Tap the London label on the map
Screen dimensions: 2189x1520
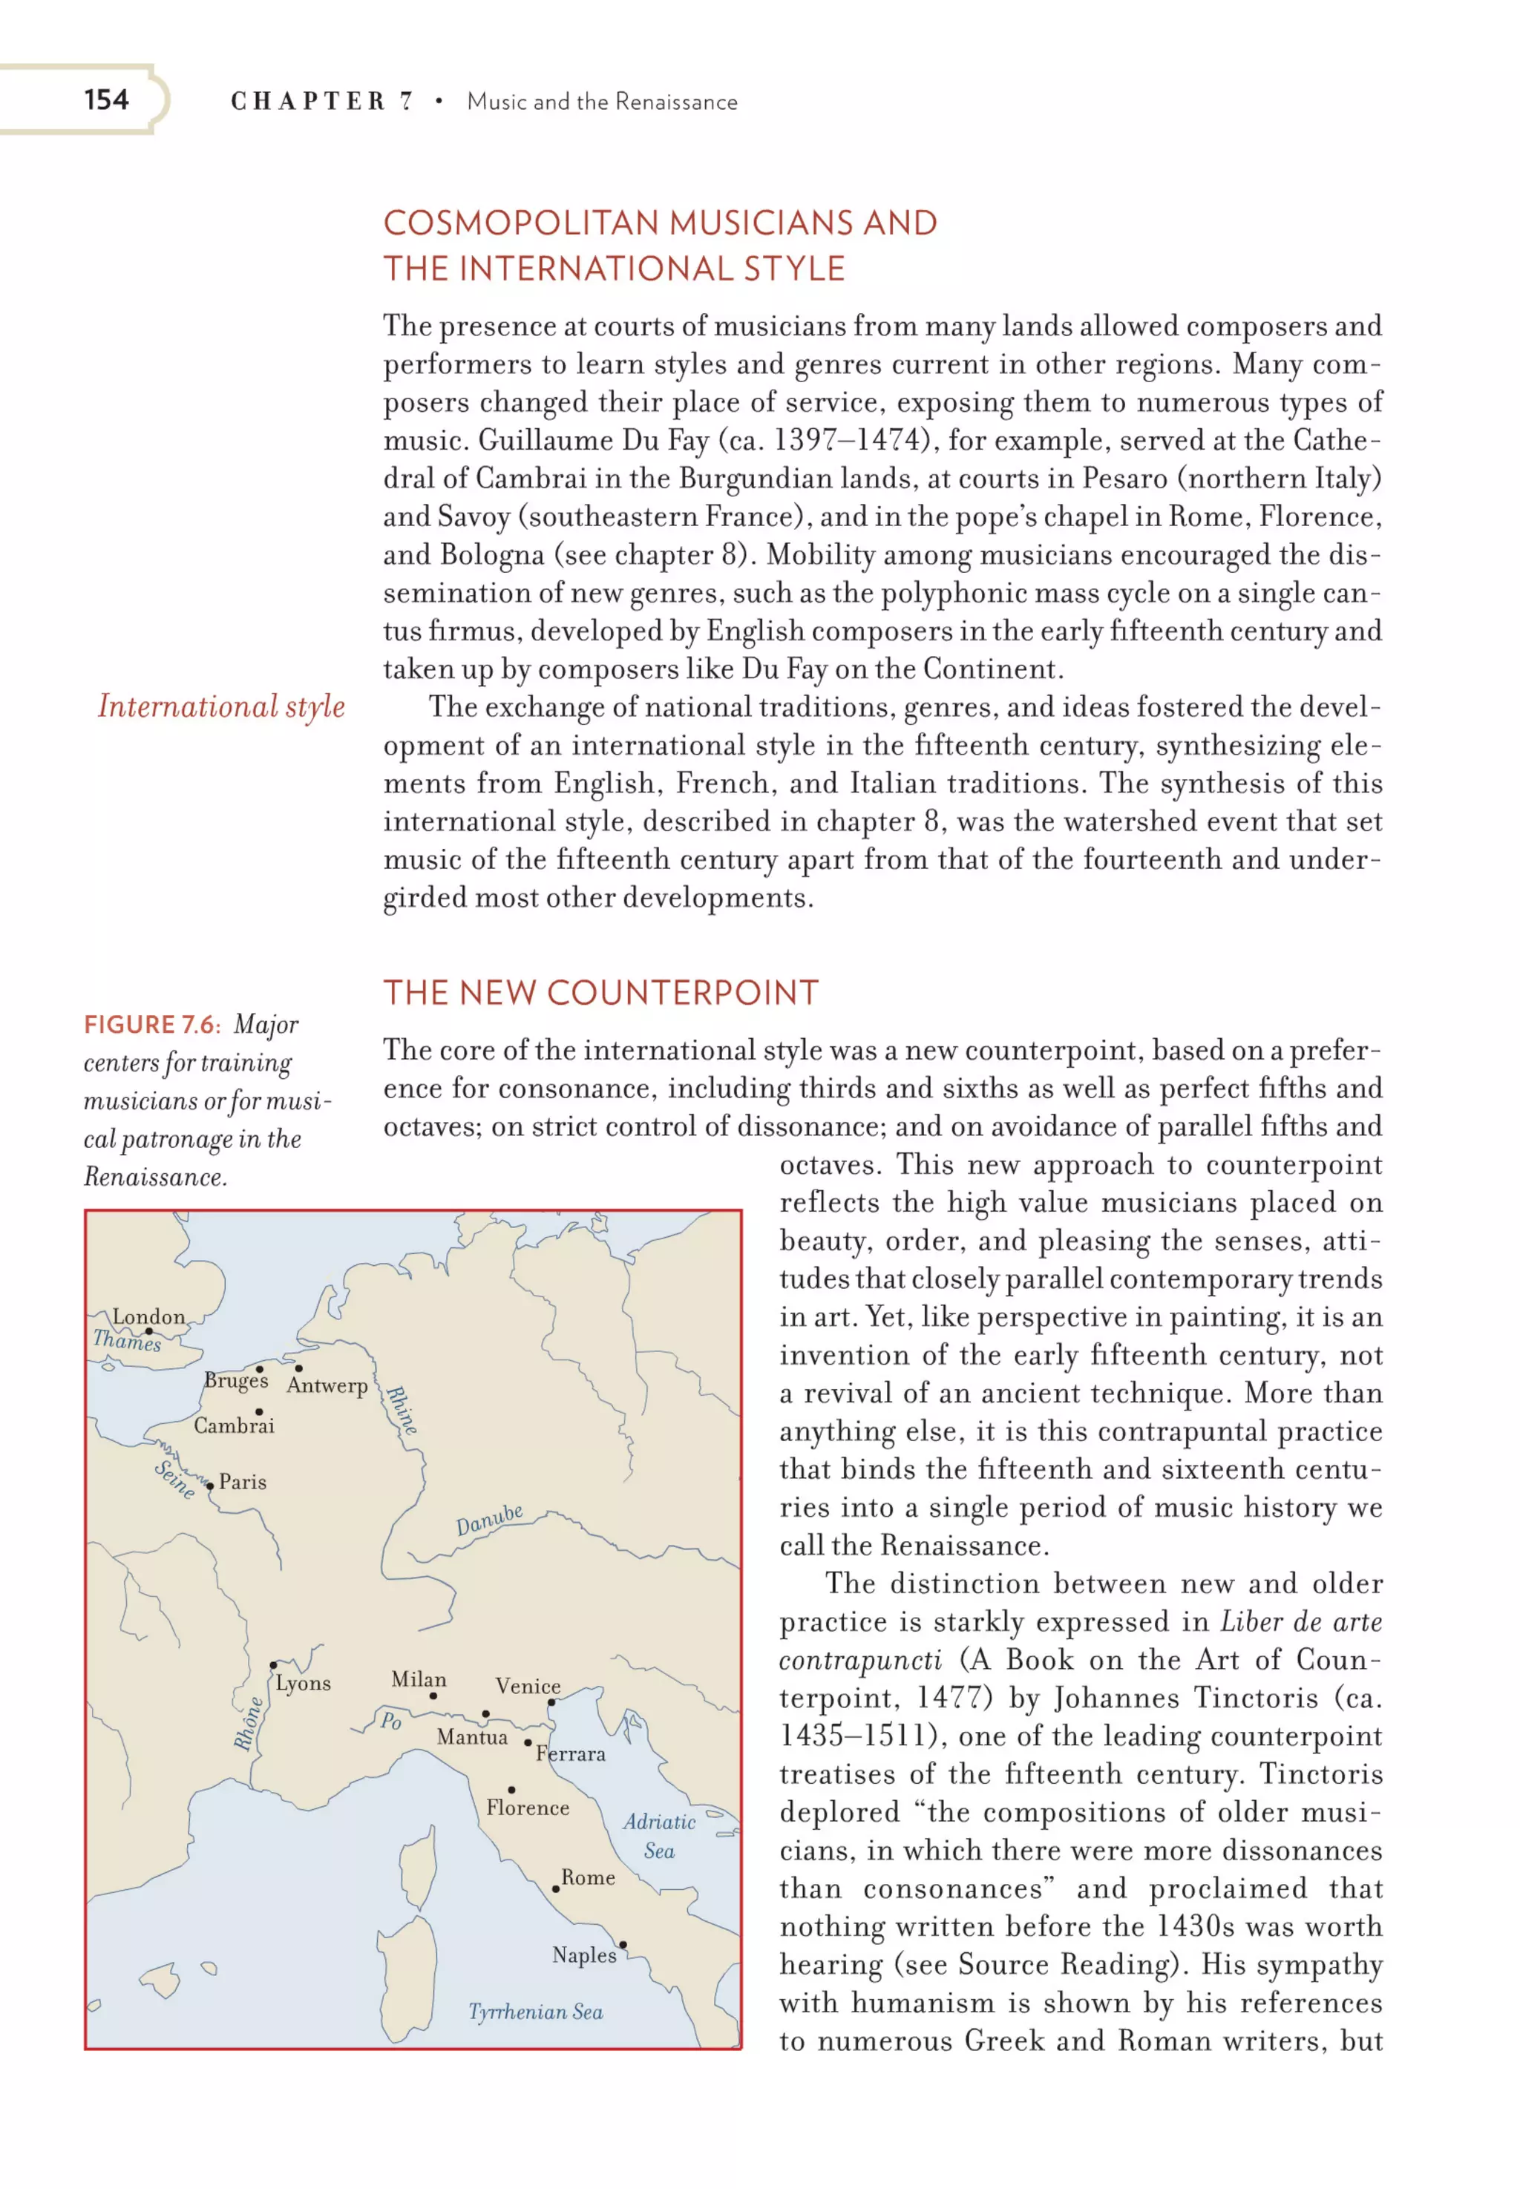tap(148, 1317)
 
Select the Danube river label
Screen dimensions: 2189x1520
tap(490, 1520)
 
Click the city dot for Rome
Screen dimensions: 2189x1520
tap(555, 1889)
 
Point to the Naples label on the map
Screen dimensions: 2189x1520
tap(584, 1955)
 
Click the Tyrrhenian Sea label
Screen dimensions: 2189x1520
tap(535, 2012)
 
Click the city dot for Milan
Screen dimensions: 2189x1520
tap(433, 1696)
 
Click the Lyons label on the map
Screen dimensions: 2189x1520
tap(303, 1684)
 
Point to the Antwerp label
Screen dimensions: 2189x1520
tap(327, 1385)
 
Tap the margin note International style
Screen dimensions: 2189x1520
tap(221, 706)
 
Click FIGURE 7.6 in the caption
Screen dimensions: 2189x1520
tap(151, 1025)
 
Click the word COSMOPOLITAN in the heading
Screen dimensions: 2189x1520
tap(521, 223)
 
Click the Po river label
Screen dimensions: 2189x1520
tap(390, 1721)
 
